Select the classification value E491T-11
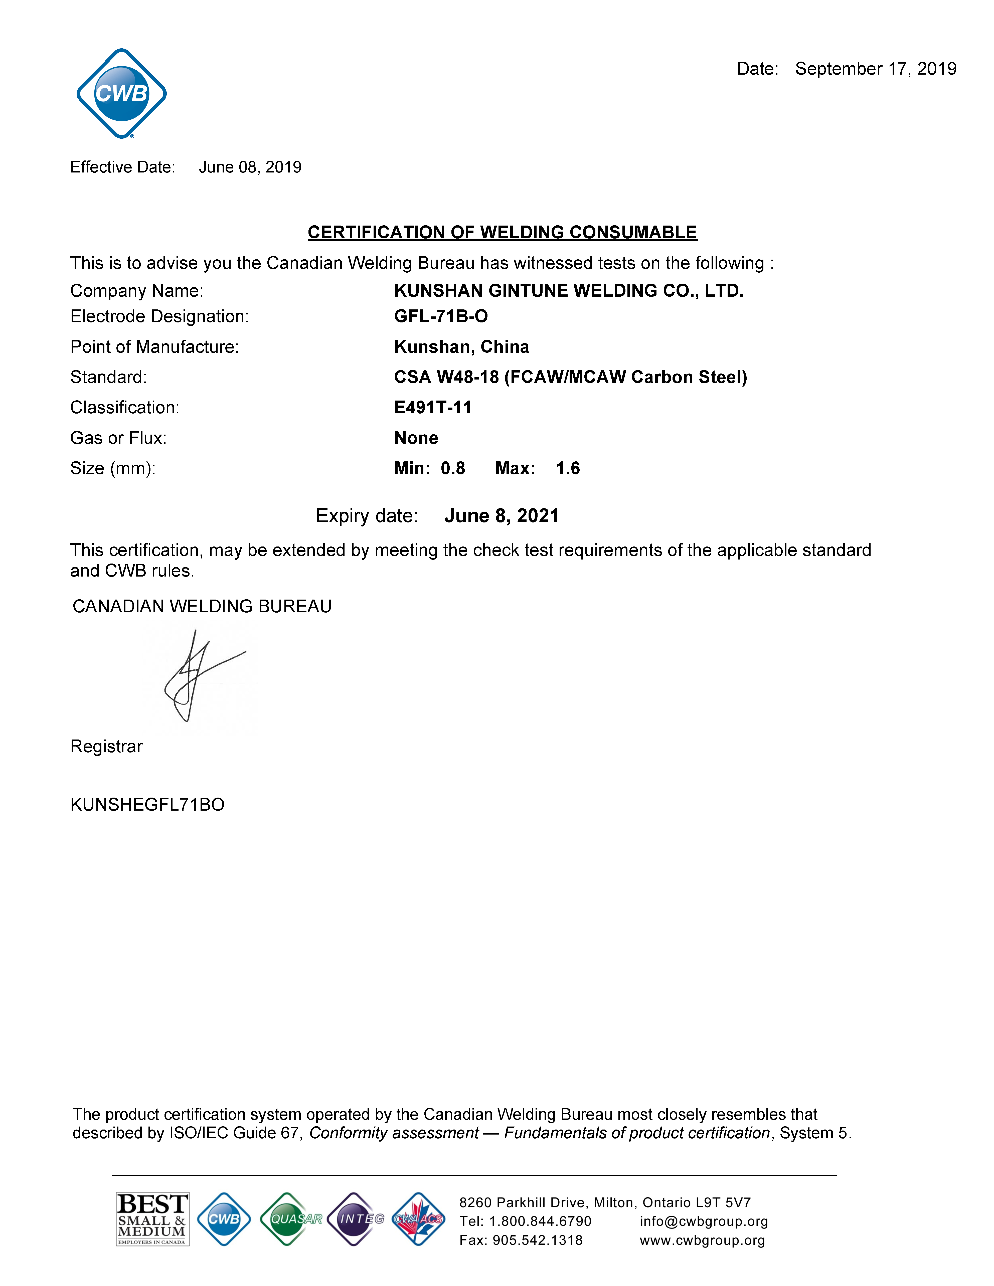click(x=433, y=408)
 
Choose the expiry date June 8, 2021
click(x=501, y=516)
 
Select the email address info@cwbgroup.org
click(x=704, y=1221)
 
